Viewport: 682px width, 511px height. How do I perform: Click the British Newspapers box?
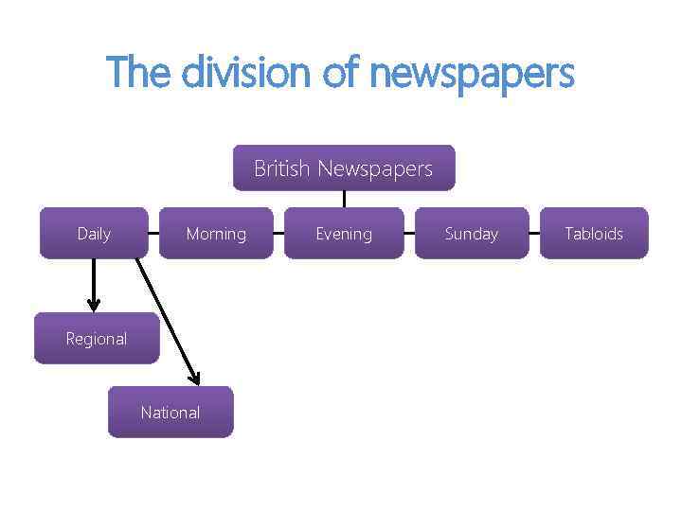(x=344, y=168)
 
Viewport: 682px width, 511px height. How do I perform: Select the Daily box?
(x=94, y=233)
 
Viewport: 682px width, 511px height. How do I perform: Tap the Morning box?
(x=216, y=233)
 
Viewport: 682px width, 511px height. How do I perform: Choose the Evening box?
(x=344, y=233)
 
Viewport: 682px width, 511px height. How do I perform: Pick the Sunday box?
(x=471, y=233)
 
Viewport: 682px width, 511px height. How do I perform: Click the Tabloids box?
(x=594, y=233)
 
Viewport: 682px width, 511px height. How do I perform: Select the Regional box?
(x=97, y=339)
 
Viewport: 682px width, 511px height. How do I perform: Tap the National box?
(x=170, y=413)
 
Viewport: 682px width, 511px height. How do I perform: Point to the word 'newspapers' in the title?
(x=472, y=74)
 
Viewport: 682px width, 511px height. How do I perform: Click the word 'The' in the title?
(x=140, y=72)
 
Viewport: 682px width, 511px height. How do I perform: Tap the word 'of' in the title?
(x=342, y=72)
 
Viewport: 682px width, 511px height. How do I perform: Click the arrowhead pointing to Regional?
(x=93, y=304)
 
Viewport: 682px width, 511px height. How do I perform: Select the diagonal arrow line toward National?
(x=167, y=318)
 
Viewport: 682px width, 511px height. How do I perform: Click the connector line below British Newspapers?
(x=344, y=199)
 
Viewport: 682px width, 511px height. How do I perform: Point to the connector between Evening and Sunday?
(x=408, y=233)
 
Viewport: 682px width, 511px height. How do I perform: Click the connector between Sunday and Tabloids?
(x=534, y=233)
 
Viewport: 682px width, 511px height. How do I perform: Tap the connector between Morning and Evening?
(x=278, y=233)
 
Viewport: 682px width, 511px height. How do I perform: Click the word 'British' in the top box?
(x=281, y=168)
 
